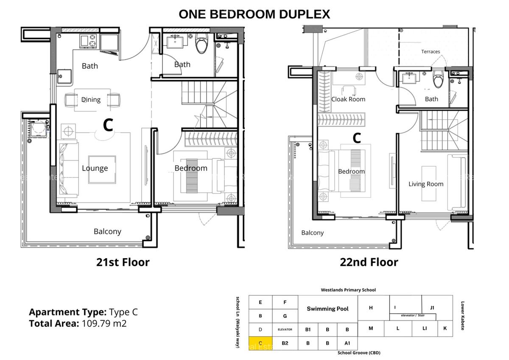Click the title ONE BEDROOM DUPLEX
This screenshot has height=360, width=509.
click(x=254, y=14)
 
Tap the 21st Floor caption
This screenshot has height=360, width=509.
click(x=123, y=262)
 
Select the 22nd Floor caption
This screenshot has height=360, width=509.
click(x=369, y=262)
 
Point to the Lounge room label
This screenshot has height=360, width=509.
click(x=95, y=168)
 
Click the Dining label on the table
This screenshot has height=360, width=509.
click(x=91, y=100)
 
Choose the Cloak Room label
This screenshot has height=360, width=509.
click(x=348, y=99)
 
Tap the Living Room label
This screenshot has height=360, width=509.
click(x=426, y=184)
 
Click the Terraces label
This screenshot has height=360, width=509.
click(x=431, y=51)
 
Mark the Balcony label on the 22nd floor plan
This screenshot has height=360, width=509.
click(x=312, y=233)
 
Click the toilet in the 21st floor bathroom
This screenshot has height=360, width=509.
click(x=201, y=44)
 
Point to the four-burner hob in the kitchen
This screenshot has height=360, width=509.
click(x=88, y=41)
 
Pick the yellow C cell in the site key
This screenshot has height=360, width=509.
click(x=260, y=343)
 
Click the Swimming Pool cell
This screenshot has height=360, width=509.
click(x=327, y=309)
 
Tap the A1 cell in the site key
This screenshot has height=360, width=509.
click(x=347, y=343)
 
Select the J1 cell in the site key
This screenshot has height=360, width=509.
click(x=432, y=307)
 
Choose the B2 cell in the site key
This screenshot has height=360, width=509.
click(x=285, y=343)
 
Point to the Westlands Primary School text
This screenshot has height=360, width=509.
click(x=348, y=290)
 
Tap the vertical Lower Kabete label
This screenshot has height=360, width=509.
click(x=462, y=316)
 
